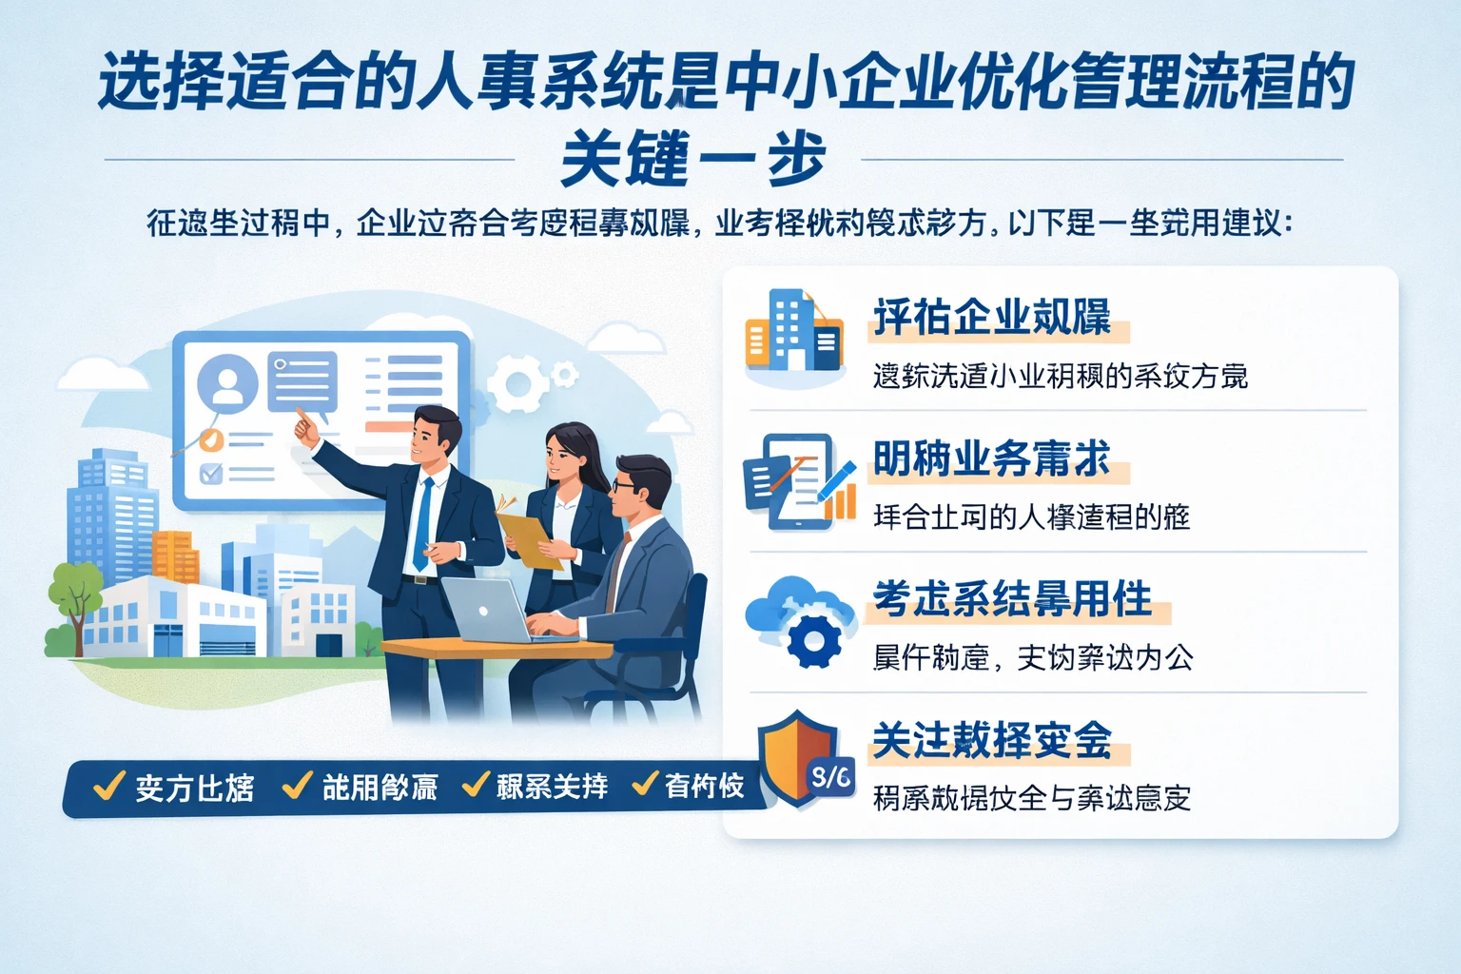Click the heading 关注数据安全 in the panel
tap(992, 740)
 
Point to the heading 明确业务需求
tap(992, 459)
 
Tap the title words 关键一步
tap(692, 160)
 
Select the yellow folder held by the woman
tap(530, 540)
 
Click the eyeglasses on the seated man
tap(625, 485)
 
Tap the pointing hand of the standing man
tap(305, 428)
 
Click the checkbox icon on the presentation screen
tap(211, 473)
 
